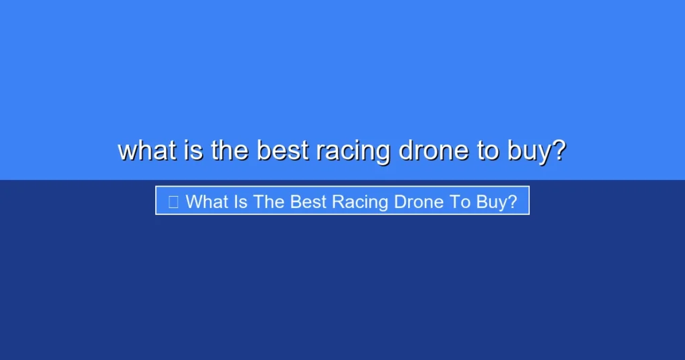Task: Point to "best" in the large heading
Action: pyautogui.click(x=282, y=151)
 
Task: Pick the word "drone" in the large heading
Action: pyautogui.click(x=433, y=151)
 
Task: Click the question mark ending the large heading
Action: pyautogui.click(x=559, y=151)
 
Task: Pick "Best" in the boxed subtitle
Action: pyautogui.click(x=306, y=201)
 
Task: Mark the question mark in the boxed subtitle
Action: pyautogui.click(x=512, y=201)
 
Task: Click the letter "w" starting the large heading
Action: pyautogui.click(x=127, y=152)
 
